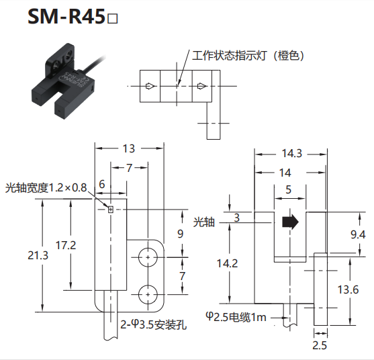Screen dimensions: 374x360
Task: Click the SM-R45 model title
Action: (x=73, y=17)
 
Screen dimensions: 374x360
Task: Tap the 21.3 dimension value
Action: (x=38, y=255)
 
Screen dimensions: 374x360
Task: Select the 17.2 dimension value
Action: (x=66, y=245)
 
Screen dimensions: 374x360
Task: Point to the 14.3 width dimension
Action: (x=292, y=153)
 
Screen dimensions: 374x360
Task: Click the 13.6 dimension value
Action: (x=348, y=289)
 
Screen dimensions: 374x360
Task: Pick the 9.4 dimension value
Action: (x=358, y=235)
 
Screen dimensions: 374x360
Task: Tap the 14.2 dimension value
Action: (x=227, y=263)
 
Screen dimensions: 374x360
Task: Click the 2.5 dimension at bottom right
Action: (x=320, y=345)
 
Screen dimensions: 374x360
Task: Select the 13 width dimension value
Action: (x=129, y=148)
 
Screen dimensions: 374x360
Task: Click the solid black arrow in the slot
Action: (x=290, y=222)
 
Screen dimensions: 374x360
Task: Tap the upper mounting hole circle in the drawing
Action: (x=148, y=257)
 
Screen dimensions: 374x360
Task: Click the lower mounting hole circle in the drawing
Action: (x=148, y=294)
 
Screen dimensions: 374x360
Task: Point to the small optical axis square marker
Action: (x=110, y=210)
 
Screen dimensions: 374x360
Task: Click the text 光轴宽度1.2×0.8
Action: (x=46, y=188)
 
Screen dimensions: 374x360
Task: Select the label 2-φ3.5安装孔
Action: (x=153, y=324)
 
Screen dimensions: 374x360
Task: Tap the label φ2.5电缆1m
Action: (x=236, y=317)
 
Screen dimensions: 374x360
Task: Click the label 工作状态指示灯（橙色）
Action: (x=248, y=56)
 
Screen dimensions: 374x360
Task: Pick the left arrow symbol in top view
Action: (x=151, y=86)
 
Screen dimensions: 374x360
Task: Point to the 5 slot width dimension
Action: (x=289, y=189)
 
